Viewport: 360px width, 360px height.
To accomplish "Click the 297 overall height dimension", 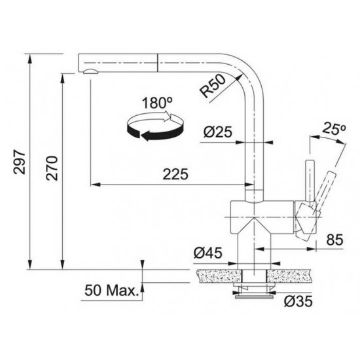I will click(19, 161).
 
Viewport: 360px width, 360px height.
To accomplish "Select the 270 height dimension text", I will click(52, 170).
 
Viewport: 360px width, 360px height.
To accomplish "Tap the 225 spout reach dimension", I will click(175, 174).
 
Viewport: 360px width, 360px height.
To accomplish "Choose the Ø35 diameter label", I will click(298, 302).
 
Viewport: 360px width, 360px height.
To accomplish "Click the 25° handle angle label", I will click(334, 130).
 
